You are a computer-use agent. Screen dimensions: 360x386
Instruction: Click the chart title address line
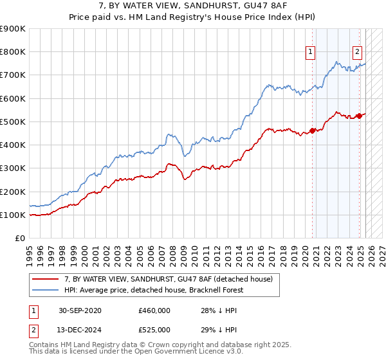point(193,6)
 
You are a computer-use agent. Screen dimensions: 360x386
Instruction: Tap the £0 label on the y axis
point(20,239)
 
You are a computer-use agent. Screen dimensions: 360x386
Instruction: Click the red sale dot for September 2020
point(313,130)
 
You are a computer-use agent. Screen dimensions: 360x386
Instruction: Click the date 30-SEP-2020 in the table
point(80,310)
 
